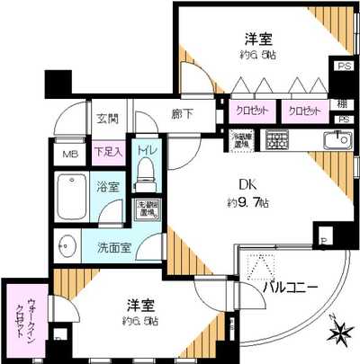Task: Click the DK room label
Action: point(245,183)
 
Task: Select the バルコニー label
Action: point(292,288)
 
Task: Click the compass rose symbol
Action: point(340,333)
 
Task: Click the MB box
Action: point(70,152)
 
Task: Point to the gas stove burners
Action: point(276,139)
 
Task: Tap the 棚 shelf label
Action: point(343,103)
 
